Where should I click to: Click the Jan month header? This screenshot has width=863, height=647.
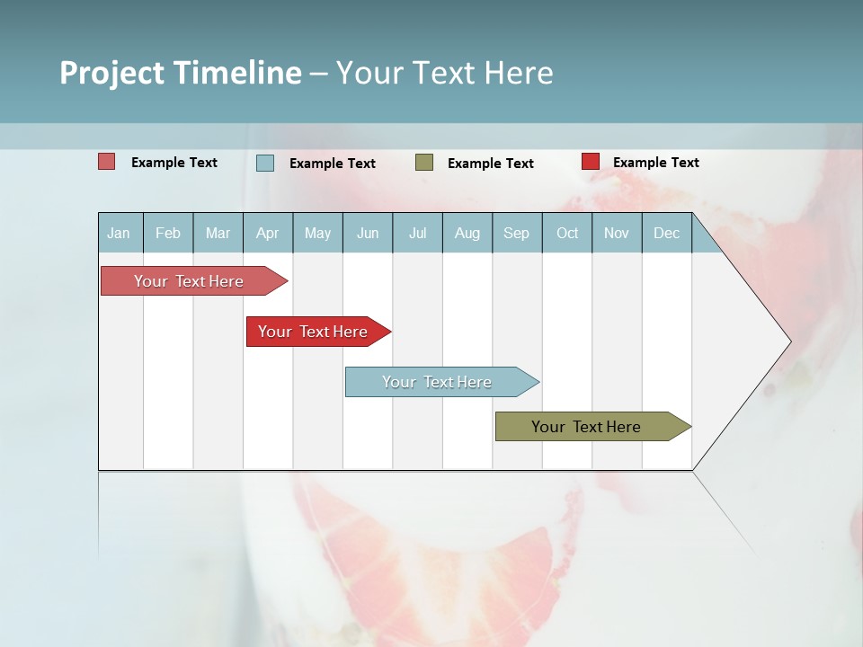pyautogui.click(x=119, y=233)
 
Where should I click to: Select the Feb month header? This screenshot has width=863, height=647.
pyautogui.click(x=168, y=233)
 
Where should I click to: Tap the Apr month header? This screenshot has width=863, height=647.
pyautogui.click(x=267, y=233)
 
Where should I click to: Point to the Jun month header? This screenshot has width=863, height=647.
pyautogui.click(x=368, y=233)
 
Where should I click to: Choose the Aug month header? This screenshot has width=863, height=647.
pyautogui.click(x=467, y=233)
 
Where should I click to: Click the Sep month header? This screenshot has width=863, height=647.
pyautogui.click(x=516, y=233)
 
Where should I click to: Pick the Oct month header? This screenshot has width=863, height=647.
pyautogui.click(x=567, y=233)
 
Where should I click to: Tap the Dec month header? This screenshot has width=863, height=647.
pyautogui.click(x=666, y=233)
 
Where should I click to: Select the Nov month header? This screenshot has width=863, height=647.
pyautogui.click(x=616, y=233)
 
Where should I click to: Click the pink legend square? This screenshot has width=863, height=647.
pyautogui.click(x=106, y=162)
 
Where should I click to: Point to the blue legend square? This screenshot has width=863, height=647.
pyautogui.click(x=265, y=163)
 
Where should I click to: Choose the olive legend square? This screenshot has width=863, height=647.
pyautogui.click(x=424, y=162)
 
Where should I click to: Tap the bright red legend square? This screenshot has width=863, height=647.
pyautogui.click(x=590, y=162)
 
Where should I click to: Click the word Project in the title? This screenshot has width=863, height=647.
pyautogui.click(x=111, y=73)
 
